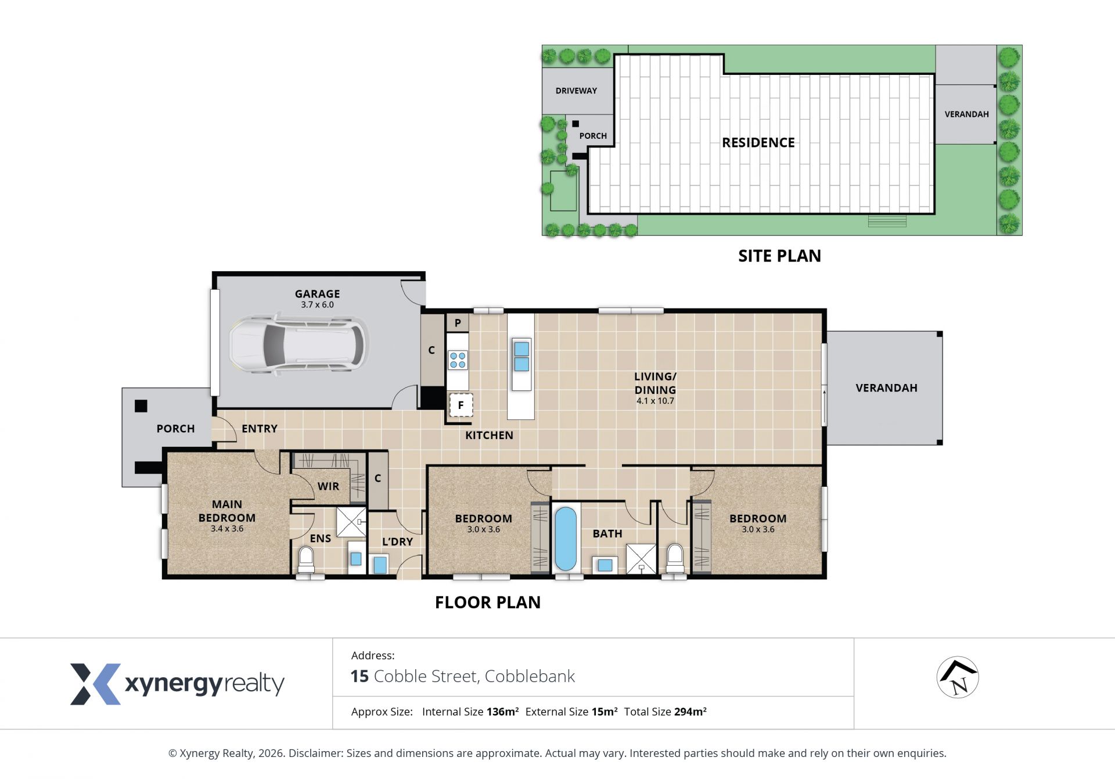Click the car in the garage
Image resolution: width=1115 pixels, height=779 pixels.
click(298, 344)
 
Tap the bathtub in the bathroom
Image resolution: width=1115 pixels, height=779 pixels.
click(566, 539)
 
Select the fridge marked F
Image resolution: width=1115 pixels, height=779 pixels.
click(461, 405)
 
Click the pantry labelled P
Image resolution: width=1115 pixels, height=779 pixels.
click(458, 323)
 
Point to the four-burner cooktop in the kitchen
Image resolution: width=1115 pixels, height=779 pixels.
click(458, 360)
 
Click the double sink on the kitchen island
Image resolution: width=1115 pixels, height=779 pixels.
click(521, 357)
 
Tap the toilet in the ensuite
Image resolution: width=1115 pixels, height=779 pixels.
click(306, 560)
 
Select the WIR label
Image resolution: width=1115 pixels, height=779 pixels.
click(328, 486)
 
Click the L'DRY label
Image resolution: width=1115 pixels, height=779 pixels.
click(397, 541)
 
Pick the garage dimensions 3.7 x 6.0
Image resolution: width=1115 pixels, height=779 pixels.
click(317, 304)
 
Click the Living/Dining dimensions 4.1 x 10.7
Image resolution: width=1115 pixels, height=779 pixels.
click(655, 401)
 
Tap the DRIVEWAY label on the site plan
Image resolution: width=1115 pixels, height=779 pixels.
click(576, 91)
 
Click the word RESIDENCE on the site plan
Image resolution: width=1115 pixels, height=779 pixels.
click(758, 142)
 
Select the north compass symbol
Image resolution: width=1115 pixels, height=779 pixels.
click(958, 677)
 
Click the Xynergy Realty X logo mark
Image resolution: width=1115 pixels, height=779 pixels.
click(95, 684)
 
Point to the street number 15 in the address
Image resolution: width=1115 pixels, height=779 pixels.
click(359, 676)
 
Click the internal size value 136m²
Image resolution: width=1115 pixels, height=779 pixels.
click(502, 712)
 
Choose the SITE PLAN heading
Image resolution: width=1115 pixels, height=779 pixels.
click(779, 256)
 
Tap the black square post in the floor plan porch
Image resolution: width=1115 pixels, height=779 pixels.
click(141, 406)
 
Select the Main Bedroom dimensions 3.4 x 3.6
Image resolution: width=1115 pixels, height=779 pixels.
click(227, 529)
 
